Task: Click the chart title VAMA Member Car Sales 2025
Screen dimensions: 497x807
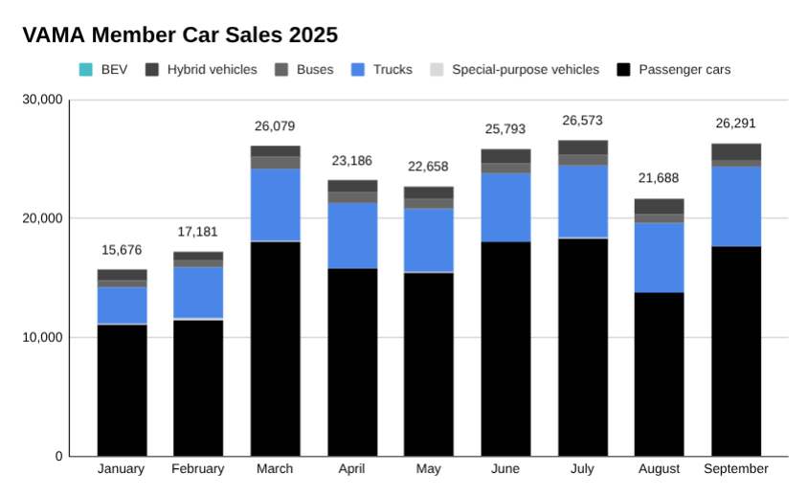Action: [180, 35]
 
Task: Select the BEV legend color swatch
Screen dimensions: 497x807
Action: [86, 70]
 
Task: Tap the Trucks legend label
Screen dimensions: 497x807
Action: [392, 70]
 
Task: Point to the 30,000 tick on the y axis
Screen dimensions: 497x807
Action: [43, 100]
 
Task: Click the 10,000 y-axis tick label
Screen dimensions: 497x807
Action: [43, 337]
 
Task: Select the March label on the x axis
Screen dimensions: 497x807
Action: [275, 469]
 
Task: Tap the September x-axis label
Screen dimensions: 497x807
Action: [735, 469]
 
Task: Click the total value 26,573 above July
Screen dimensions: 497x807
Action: [583, 121]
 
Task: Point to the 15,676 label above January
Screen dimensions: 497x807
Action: [122, 250]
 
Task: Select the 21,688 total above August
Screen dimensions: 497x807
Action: [659, 177]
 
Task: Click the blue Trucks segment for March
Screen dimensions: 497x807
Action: [275, 205]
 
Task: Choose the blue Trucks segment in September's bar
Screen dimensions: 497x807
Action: [735, 206]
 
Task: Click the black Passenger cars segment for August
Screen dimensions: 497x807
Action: [659, 373]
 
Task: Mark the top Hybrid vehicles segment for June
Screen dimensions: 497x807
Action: [505, 155]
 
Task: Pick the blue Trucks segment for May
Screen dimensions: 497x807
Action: [429, 239]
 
